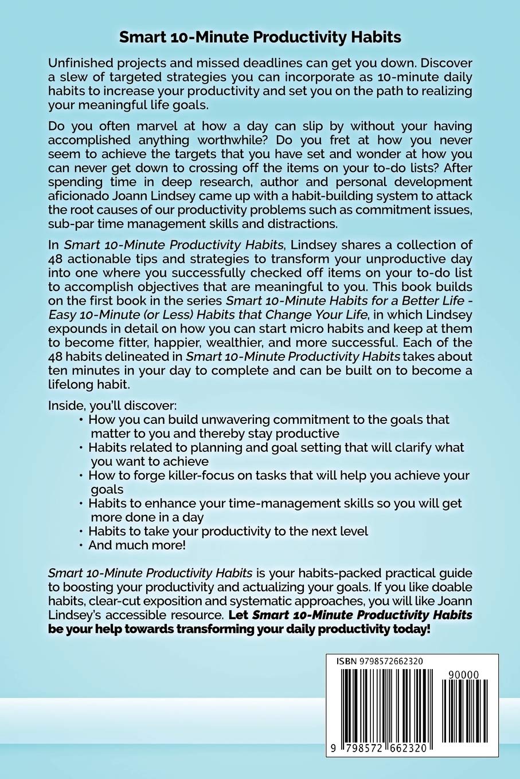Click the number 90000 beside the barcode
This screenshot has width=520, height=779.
(x=464, y=675)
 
